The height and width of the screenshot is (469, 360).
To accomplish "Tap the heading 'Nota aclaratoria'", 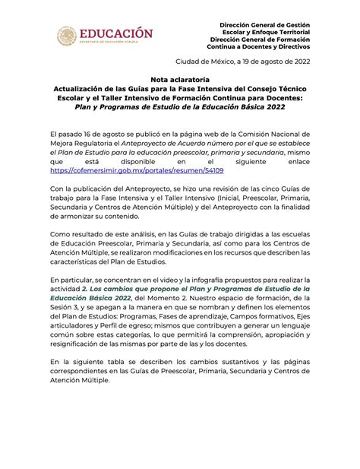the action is click(180, 79).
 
